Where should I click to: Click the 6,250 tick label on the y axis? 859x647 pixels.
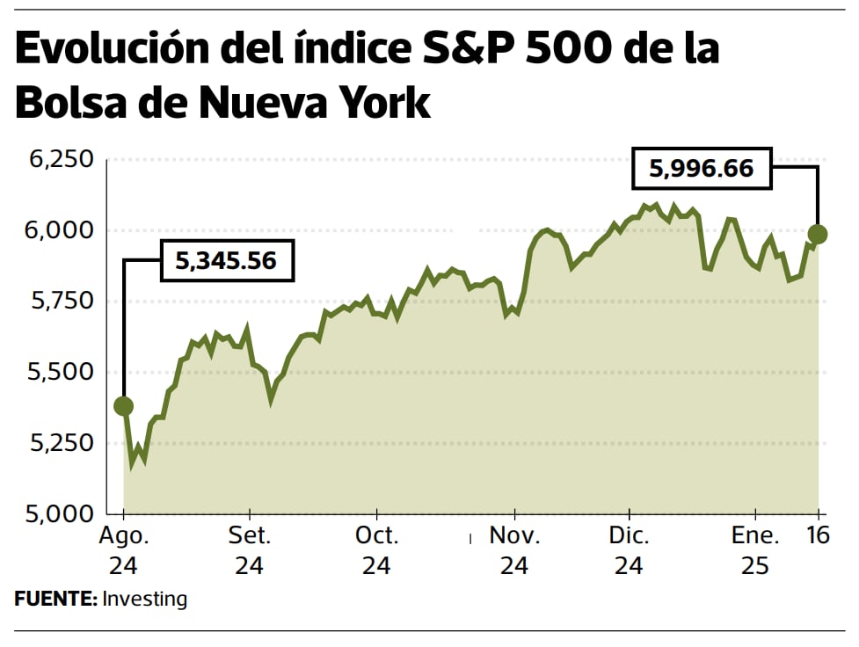click(x=61, y=160)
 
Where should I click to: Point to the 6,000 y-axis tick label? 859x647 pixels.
click(x=61, y=230)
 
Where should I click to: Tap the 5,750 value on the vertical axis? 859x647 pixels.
click(x=61, y=302)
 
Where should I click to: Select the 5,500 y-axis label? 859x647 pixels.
click(x=61, y=372)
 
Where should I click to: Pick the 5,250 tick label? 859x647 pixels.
click(x=61, y=443)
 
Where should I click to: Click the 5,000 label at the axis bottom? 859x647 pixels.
click(x=61, y=513)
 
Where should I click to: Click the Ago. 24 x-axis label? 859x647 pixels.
click(x=123, y=550)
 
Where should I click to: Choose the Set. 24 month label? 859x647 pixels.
click(x=250, y=550)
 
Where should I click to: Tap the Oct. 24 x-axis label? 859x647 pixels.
click(x=376, y=550)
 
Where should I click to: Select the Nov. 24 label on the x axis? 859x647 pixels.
click(x=514, y=550)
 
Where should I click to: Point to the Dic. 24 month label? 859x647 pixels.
click(x=629, y=550)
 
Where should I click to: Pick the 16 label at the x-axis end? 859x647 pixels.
click(x=819, y=535)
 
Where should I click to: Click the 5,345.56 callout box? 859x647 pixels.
click(x=226, y=260)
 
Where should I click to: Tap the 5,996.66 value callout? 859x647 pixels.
click(x=702, y=168)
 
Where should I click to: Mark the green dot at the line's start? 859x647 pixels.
click(x=124, y=406)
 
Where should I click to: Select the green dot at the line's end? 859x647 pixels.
click(x=818, y=234)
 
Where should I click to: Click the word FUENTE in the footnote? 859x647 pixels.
click(x=55, y=600)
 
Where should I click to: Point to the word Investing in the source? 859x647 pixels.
click(x=145, y=600)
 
